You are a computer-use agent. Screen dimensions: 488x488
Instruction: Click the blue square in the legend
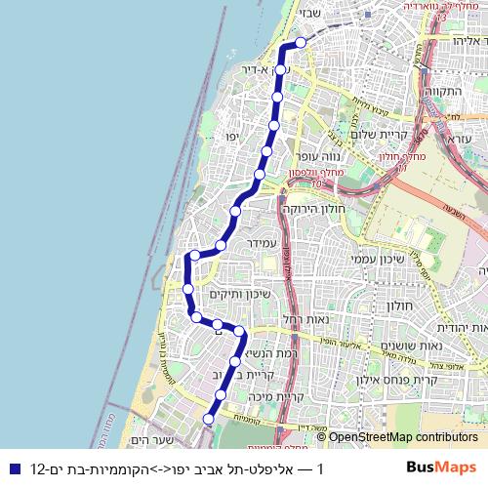[x=12, y=468]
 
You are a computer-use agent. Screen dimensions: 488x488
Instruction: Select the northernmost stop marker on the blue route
[x=302, y=42]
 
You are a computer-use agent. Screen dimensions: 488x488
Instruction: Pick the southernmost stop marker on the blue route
[x=208, y=419]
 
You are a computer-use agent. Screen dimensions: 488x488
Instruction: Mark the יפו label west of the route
[x=232, y=136]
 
